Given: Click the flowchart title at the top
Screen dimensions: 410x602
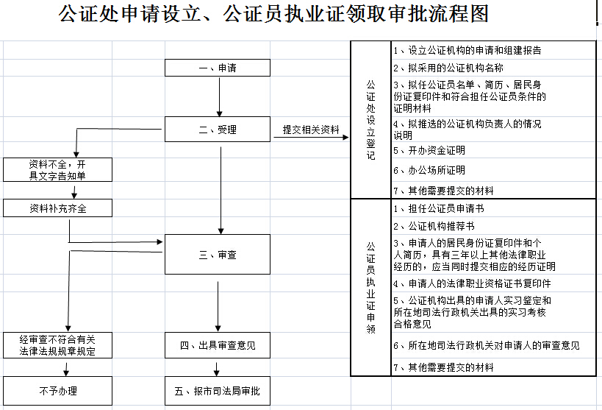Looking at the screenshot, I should [x=273, y=15].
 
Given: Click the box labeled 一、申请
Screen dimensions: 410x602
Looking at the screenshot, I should [x=218, y=68].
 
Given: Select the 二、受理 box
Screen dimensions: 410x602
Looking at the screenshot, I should [x=218, y=130].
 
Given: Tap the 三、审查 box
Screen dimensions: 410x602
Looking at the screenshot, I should [x=218, y=255].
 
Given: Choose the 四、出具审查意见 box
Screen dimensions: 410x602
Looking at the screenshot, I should [x=218, y=344].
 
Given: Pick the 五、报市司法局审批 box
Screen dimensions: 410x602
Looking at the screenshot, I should [x=218, y=391].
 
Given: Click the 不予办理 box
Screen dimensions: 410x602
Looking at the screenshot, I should [x=57, y=391].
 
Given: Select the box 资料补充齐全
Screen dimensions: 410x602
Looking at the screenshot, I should [x=57, y=208].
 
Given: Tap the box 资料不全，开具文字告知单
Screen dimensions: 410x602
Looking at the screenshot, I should [x=57, y=169].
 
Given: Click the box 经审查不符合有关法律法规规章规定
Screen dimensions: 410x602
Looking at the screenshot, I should [x=57, y=345].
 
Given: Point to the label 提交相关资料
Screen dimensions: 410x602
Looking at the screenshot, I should [x=312, y=130].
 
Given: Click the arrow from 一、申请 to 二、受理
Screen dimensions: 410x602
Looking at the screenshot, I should [x=219, y=96].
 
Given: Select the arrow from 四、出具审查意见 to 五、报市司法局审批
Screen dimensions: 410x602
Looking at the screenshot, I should [x=218, y=368].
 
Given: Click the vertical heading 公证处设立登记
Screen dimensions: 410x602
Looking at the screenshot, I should [x=370, y=120].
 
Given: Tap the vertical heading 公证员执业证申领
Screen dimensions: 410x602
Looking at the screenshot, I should [x=370, y=287].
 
